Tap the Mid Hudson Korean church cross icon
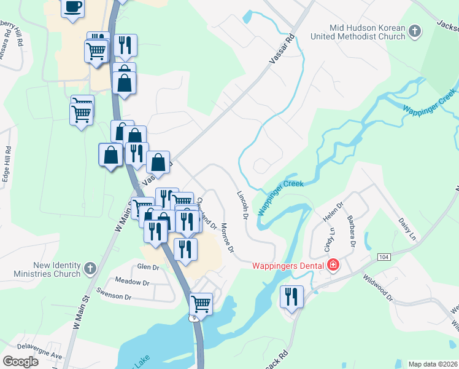(415, 31)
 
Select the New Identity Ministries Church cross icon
(90, 268)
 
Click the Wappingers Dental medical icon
(333, 266)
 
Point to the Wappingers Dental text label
(290, 266)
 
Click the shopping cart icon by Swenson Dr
(201, 303)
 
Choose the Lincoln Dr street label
(242, 204)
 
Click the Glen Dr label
(148, 267)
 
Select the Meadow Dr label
(136, 282)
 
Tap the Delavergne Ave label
(39, 355)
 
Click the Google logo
(20, 362)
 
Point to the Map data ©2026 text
(433, 364)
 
